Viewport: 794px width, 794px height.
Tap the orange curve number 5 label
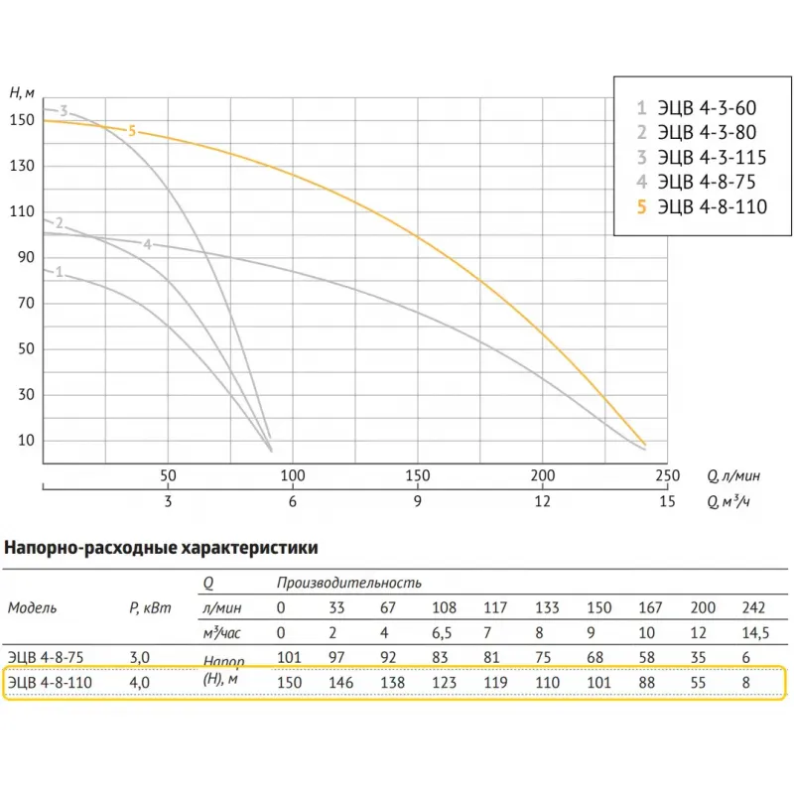[x=132, y=130]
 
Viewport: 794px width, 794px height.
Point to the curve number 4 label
[x=147, y=244]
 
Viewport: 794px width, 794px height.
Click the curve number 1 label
[x=60, y=271]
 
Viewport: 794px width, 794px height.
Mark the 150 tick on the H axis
[x=22, y=120]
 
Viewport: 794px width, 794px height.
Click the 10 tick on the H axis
[x=27, y=441]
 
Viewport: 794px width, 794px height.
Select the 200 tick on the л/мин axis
[x=542, y=475]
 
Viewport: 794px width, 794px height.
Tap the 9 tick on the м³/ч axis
[x=418, y=501]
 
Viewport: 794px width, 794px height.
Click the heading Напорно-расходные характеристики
[x=162, y=546]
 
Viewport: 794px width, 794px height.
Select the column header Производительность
[x=349, y=583]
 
